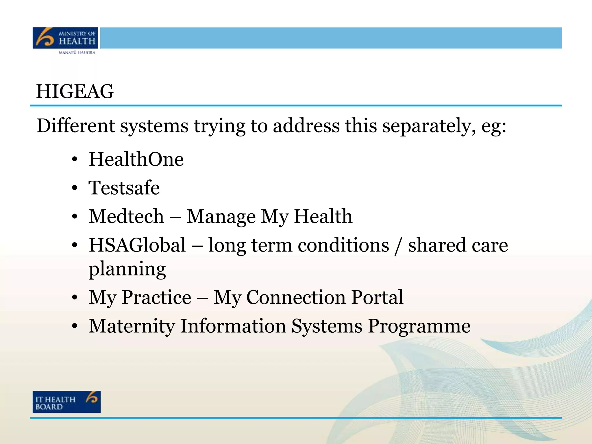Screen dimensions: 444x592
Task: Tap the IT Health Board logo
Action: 66,402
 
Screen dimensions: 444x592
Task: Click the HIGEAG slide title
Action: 75,91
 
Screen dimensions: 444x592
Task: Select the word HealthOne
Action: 136,159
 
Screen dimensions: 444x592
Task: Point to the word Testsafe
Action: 124,188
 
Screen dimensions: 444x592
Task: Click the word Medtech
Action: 126,216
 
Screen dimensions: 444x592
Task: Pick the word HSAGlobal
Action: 137,245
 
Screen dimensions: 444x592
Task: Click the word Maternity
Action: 132,326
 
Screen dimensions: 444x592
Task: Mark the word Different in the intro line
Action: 76,126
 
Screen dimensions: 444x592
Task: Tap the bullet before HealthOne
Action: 75,160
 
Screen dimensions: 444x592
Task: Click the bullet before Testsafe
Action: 75,188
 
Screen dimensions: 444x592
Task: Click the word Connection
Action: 296,297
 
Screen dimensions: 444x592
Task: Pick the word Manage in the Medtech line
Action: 221,217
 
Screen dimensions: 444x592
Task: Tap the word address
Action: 306,126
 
